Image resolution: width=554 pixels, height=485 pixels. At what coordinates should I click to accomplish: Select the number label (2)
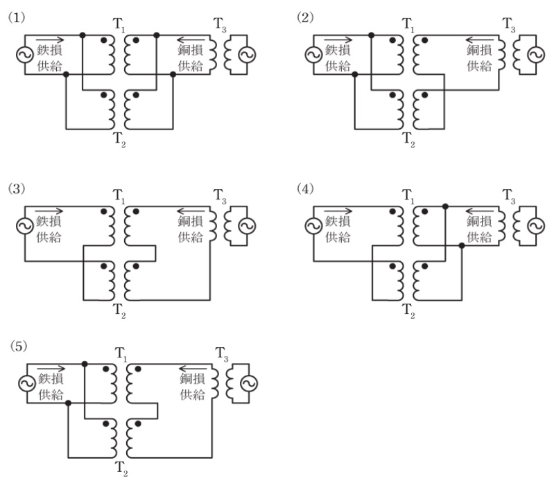pos(304,17)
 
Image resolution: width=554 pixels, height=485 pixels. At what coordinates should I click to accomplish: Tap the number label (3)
pos(15,188)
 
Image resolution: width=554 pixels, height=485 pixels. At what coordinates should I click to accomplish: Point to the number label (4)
pos(304,188)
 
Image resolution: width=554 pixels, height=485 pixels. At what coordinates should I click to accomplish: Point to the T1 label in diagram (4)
pos(408,198)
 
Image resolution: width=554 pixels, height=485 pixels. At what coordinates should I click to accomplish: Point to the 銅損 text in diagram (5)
pos(191,379)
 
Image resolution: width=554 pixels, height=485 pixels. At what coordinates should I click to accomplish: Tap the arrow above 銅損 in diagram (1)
pos(191,38)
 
